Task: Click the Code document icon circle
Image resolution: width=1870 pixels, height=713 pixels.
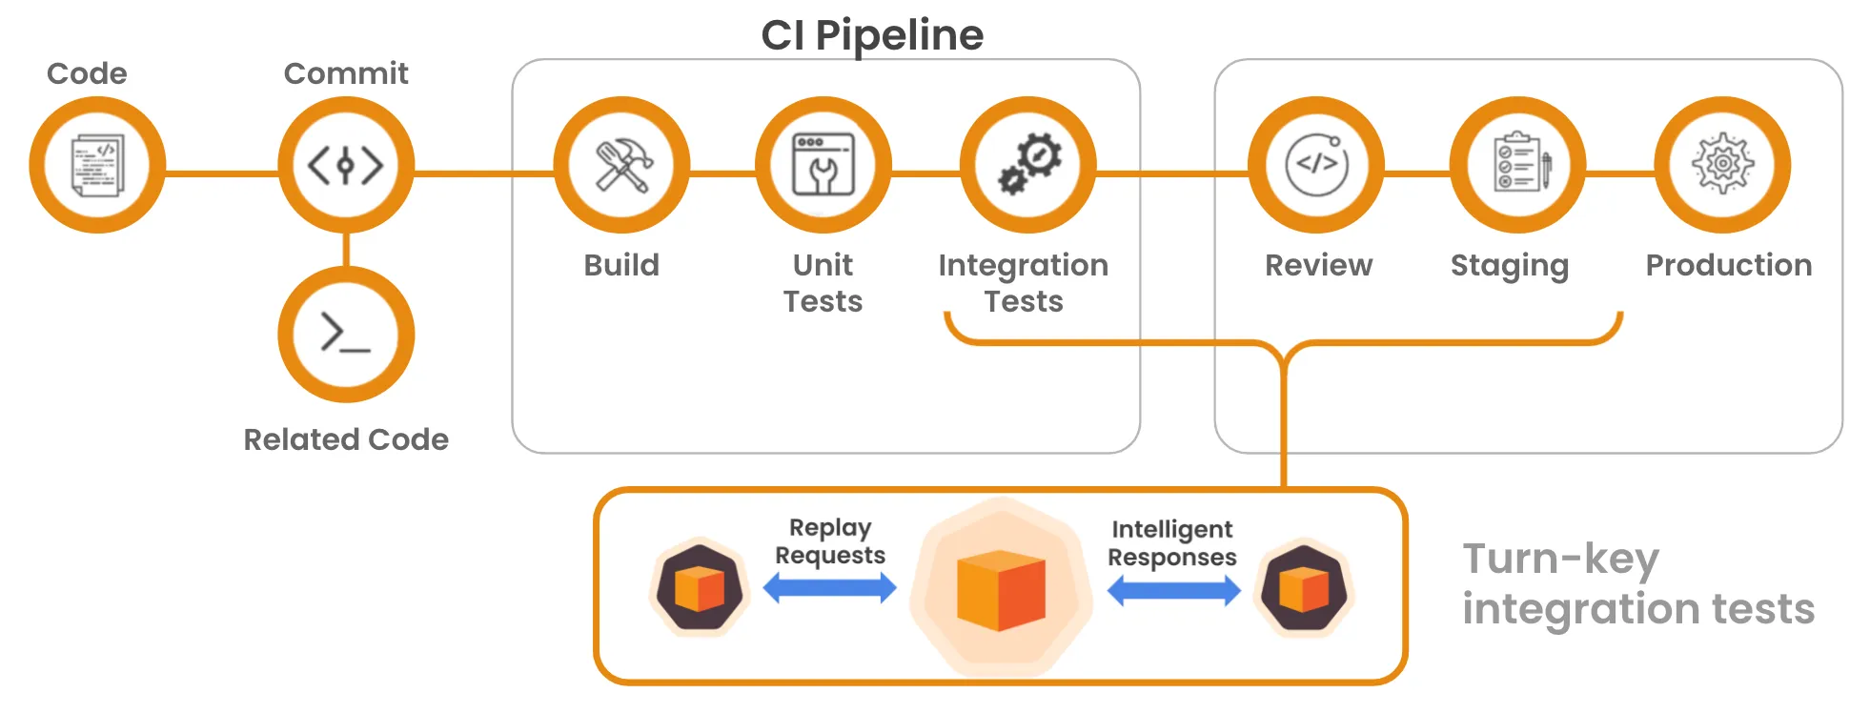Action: point(97,165)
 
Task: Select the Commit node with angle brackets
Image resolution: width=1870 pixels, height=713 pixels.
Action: point(346,165)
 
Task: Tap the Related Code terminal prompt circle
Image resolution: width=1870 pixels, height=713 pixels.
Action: point(346,335)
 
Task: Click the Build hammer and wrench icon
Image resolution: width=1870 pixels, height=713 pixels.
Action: point(621,165)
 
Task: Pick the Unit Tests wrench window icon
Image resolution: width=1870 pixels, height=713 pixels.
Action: point(823,165)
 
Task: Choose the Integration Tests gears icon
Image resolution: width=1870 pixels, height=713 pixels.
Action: point(1028,165)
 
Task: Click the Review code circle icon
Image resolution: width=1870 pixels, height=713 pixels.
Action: point(1316,165)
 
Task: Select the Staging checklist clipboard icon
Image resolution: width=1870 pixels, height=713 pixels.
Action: point(1518,165)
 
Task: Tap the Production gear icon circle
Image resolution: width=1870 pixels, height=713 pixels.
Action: point(1722,165)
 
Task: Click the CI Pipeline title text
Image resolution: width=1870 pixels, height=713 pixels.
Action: point(871,35)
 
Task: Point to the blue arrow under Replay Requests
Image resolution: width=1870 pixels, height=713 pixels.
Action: point(829,588)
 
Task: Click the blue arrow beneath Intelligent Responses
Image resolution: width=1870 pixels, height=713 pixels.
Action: point(1173,592)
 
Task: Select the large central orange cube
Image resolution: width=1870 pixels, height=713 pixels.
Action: point(1001,591)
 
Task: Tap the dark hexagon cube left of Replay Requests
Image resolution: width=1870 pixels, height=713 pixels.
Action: point(700,588)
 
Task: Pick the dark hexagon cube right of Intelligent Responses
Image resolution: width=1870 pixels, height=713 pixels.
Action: point(1304,589)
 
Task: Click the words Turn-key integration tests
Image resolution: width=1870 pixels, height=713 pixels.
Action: point(1636,583)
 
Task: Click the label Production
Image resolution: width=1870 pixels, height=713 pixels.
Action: point(1728,265)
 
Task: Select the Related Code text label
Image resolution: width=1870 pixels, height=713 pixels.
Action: point(346,439)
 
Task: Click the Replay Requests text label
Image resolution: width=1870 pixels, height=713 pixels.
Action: point(829,541)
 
